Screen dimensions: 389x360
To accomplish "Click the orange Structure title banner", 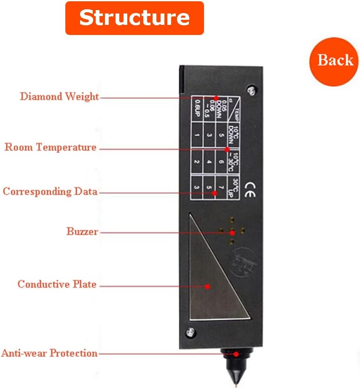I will click(134, 18).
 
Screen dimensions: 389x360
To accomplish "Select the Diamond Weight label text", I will click(59, 97).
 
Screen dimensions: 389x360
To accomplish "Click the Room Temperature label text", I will click(51, 148).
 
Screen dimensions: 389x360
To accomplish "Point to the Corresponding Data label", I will click(50, 192).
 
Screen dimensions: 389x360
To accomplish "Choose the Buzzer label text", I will click(82, 231).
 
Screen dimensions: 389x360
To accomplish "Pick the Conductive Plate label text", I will click(57, 284).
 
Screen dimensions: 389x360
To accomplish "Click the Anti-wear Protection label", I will click(49, 353).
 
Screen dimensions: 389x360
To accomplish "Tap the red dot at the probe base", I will click(236, 353).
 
